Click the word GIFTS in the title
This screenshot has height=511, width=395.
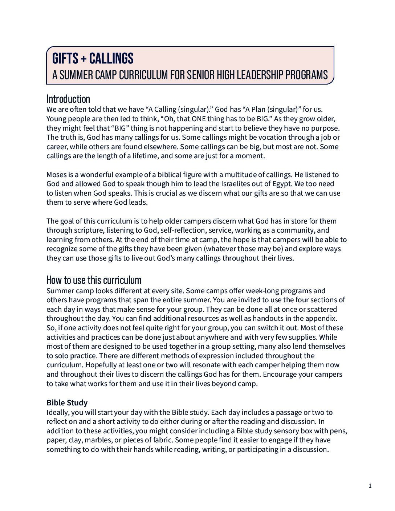point(65,58)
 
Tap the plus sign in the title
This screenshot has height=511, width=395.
point(84,58)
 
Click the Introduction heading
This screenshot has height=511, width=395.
point(68,99)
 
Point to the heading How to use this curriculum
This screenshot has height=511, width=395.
point(94,280)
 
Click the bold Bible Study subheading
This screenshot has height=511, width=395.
point(67,403)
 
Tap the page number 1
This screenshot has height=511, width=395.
point(370,486)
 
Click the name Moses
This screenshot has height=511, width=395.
point(57,175)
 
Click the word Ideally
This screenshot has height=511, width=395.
point(58,413)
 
